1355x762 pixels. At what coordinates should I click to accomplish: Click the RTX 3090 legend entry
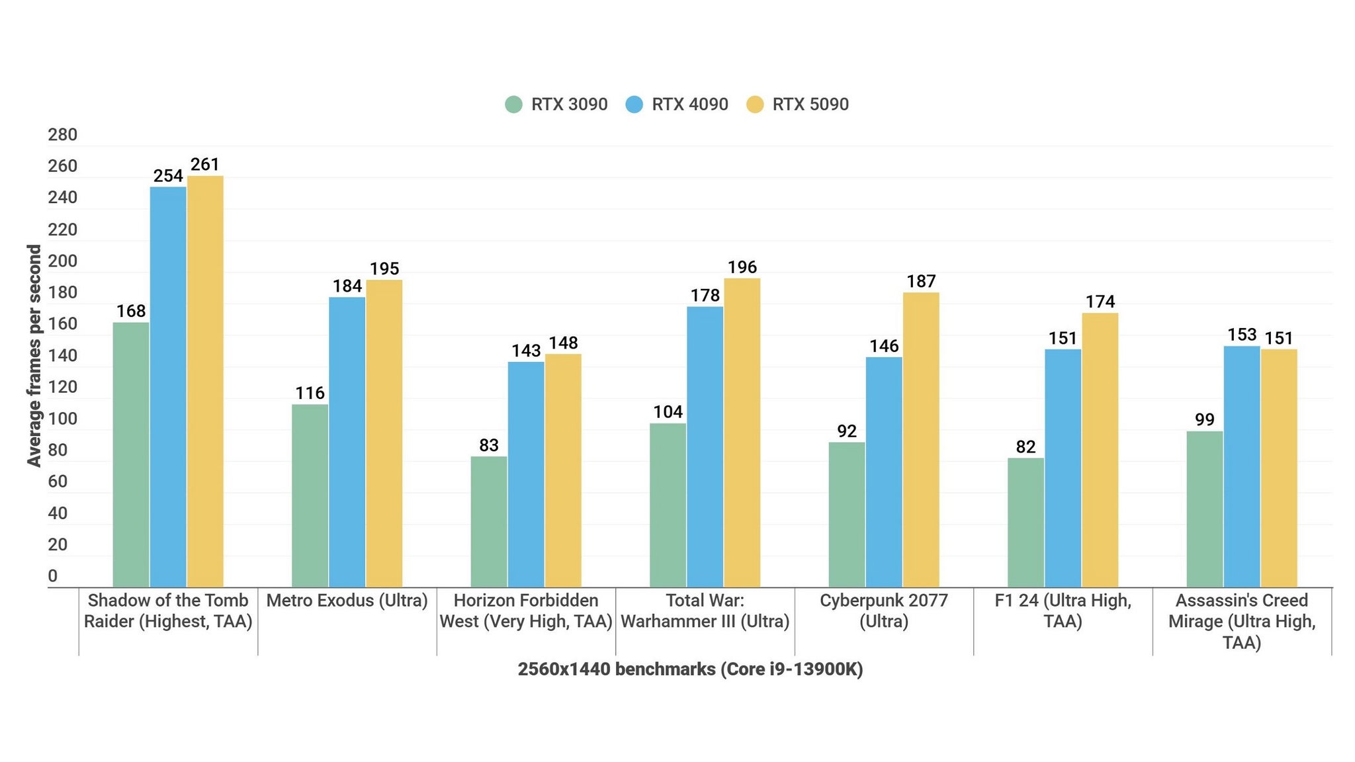(x=556, y=105)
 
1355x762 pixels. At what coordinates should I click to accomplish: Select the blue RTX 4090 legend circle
(x=634, y=105)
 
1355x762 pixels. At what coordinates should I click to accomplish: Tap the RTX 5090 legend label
(x=810, y=105)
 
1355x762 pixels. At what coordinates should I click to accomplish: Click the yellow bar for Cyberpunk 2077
(x=920, y=440)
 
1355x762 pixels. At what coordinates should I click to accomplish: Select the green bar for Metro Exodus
(x=310, y=496)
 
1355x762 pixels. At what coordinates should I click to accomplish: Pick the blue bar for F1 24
(x=1063, y=468)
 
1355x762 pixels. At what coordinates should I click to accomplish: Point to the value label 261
(x=205, y=164)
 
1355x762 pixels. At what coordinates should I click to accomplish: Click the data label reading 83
(x=489, y=445)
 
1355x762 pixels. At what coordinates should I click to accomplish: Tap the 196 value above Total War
(x=742, y=267)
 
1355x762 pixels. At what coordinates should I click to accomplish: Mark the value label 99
(x=1204, y=420)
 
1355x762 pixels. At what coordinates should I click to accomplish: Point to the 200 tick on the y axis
(x=62, y=261)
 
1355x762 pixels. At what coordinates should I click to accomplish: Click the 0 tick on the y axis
(x=53, y=576)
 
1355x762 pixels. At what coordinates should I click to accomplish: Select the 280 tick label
(x=62, y=135)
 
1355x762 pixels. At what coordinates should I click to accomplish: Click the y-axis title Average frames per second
(x=34, y=356)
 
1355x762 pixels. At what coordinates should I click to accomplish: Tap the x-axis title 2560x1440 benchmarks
(x=690, y=669)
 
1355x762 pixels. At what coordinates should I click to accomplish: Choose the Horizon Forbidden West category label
(x=526, y=611)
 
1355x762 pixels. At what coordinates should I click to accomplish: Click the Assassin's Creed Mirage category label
(x=1241, y=621)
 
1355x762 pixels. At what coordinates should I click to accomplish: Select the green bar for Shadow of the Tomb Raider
(x=131, y=455)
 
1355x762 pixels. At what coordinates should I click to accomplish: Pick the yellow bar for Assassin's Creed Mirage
(x=1278, y=468)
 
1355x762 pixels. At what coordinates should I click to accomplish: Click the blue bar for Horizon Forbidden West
(x=526, y=474)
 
